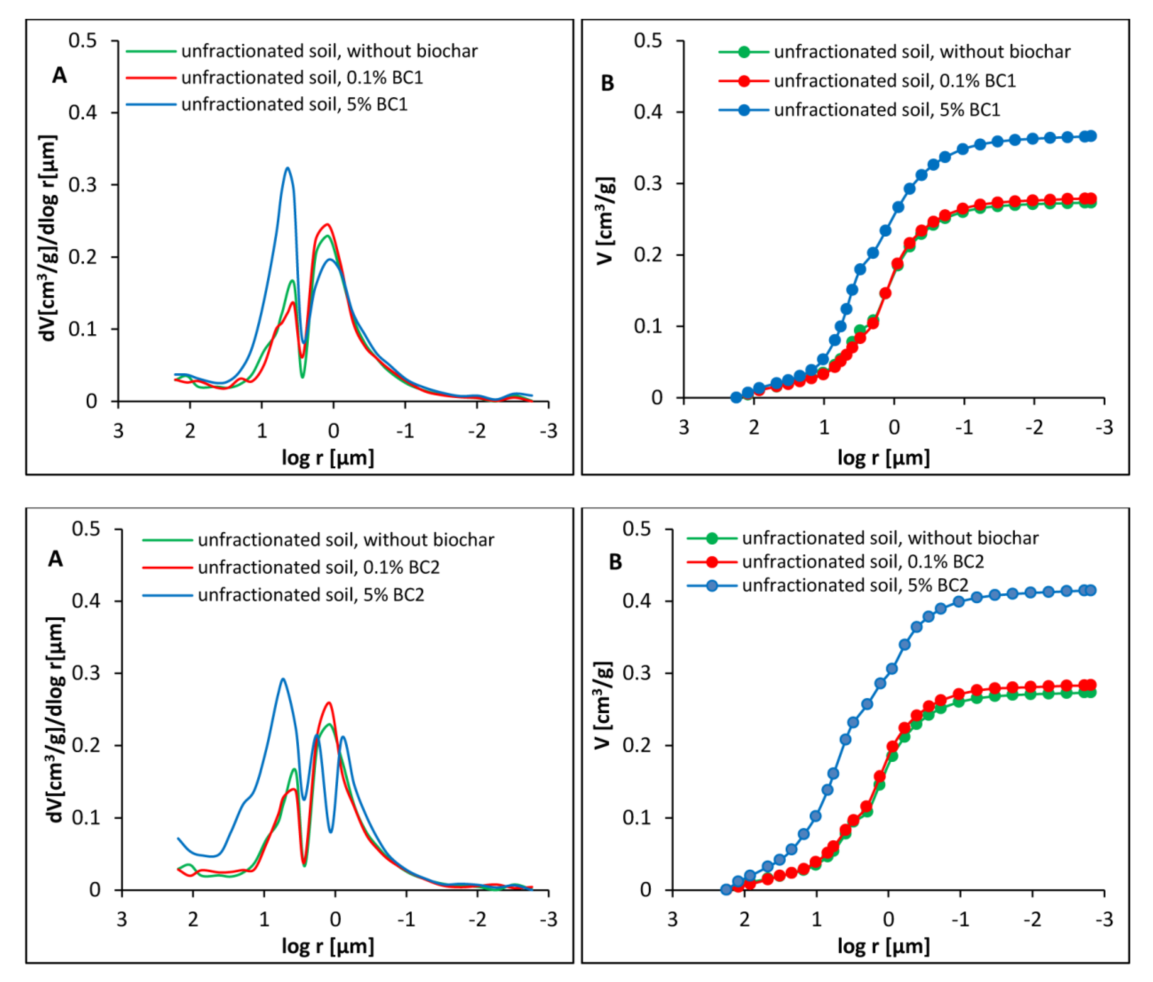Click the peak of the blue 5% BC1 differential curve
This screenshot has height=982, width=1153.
pyautogui.click(x=287, y=168)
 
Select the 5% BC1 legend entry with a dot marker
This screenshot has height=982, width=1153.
pyautogui.click(x=859, y=110)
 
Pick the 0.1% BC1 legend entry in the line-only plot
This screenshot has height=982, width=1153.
pyautogui.click(x=274, y=77)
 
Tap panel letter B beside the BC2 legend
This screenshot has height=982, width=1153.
pyautogui.click(x=615, y=562)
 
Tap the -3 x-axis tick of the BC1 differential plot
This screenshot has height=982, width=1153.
pyautogui.click(x=549, y=431)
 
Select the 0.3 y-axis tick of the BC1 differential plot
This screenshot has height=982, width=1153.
pyautogui.click(x=82, y=185)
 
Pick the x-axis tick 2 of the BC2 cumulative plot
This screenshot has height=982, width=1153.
pyautogui.click(x=745, y=920)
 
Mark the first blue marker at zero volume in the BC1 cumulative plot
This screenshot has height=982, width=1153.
pyautogui.click(x=736, y=397)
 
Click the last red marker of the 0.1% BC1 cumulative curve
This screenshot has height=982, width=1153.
pyautogui.click(x=1091, y=199)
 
